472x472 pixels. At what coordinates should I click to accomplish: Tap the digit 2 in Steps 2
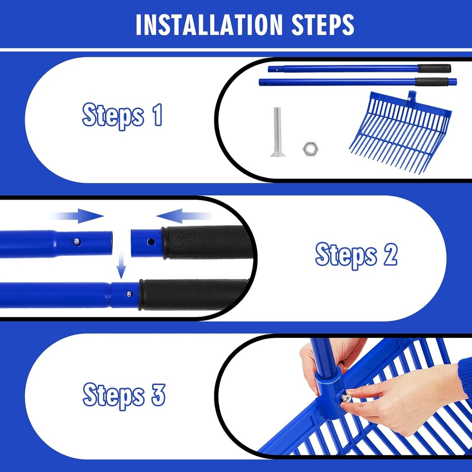click(x=390, y=255)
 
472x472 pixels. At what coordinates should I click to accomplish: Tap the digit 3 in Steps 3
click(x=158, y=395)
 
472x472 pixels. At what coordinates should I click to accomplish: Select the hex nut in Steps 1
click(x=309, y=148)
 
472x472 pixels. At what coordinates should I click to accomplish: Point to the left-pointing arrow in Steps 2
click(x=183, y=215)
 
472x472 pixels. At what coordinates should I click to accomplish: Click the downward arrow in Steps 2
click(x=121, y=267)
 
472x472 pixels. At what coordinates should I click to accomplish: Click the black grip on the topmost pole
click(x=434, y=69)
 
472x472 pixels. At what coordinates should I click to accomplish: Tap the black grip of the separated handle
click(x=207, y=242)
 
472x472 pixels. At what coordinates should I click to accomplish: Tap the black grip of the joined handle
click(x=194, y=294)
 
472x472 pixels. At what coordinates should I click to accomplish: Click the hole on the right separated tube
click(x=150, y=241)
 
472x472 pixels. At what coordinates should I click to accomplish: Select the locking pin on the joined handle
click(x=129, y=294)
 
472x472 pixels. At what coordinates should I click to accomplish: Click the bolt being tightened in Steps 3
click(x=345, y=396)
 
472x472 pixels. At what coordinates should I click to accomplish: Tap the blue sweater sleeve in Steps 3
click(x=466, y=376)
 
